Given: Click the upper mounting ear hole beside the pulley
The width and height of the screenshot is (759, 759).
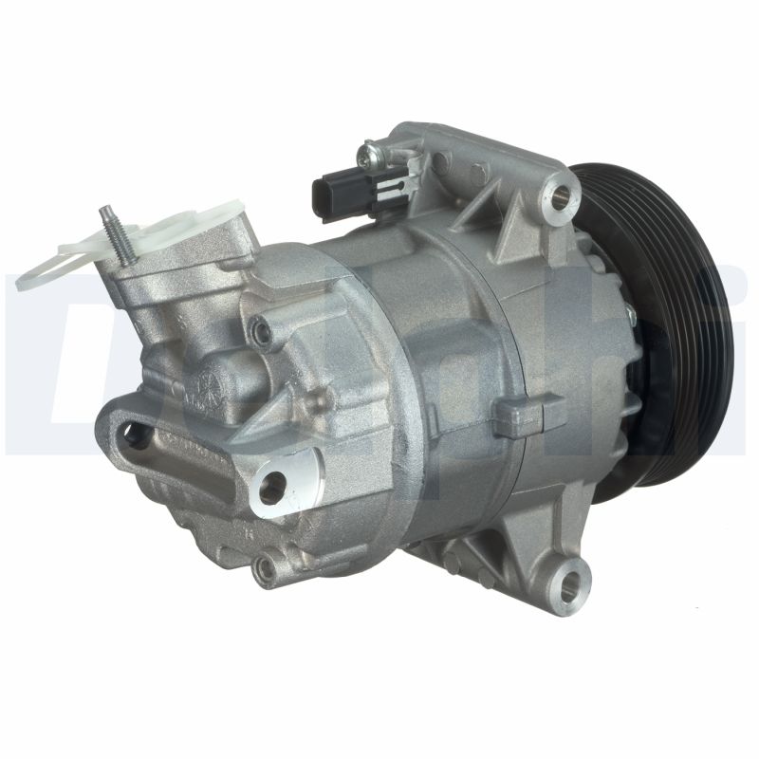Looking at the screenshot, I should click(563, 195).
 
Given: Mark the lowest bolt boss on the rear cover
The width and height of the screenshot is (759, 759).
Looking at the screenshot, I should click(265, 568).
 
